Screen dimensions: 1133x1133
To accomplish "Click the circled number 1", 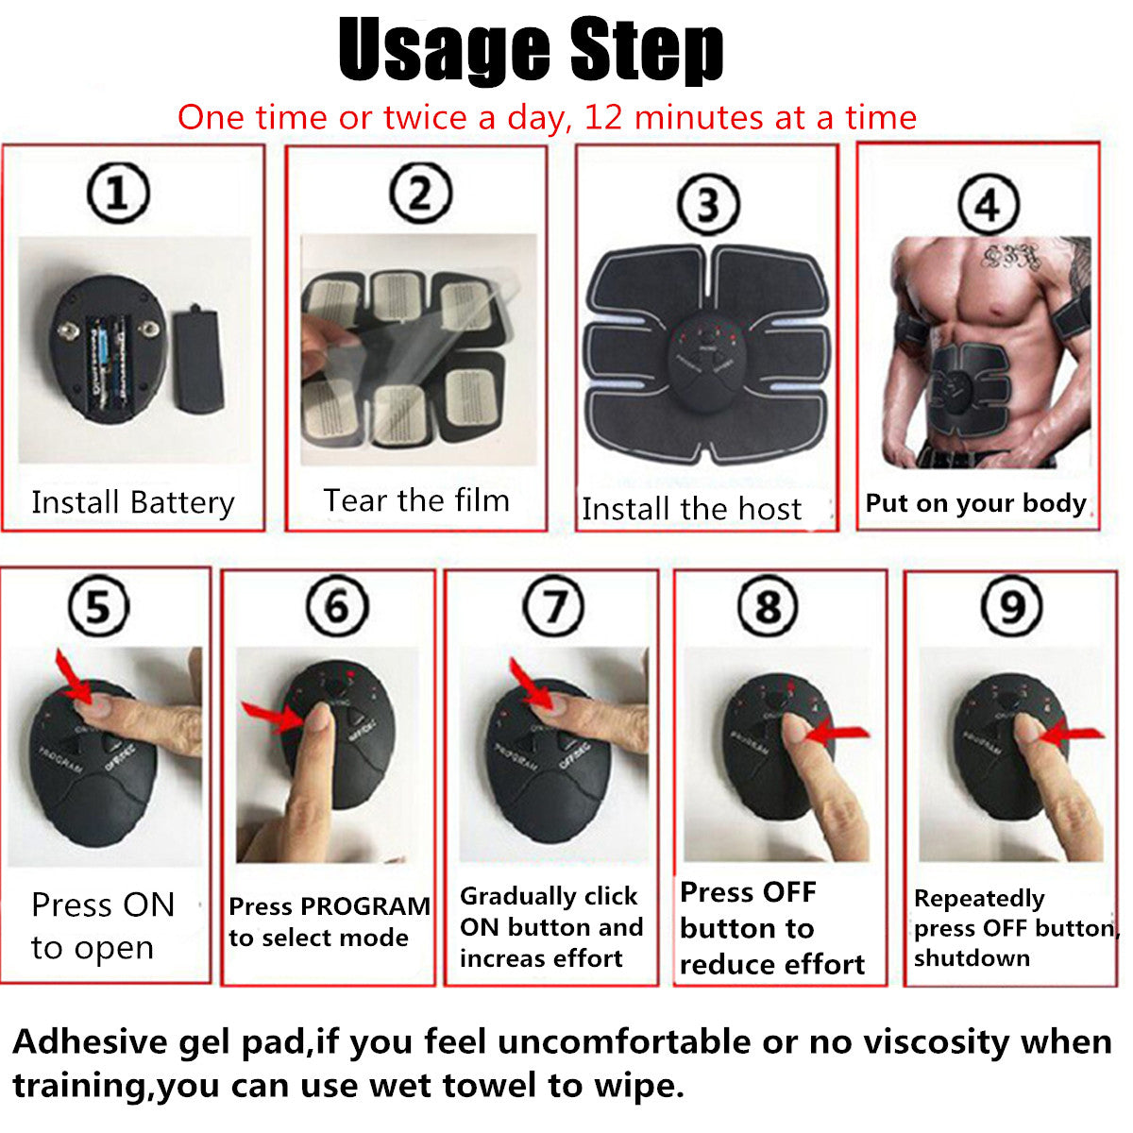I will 118,193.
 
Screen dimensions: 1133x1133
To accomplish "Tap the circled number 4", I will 988,204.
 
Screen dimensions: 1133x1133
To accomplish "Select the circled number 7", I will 553,606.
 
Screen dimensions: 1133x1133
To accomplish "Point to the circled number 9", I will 1011,606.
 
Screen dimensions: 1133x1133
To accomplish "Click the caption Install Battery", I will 132,502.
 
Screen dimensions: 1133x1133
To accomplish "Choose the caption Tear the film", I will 416,500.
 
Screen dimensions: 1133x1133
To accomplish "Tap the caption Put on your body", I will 975,503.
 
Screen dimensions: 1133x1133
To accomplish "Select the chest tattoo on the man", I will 1007,255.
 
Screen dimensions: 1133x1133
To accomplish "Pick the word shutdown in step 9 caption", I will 971,958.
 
